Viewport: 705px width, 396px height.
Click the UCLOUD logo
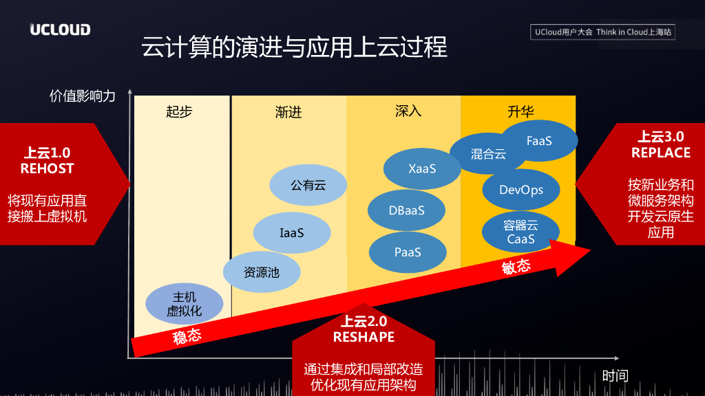(60, 30)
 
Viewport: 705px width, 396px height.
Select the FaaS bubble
(539, 140)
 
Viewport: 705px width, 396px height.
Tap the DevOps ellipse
(521, 190)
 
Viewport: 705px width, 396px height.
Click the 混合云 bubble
(488, 154)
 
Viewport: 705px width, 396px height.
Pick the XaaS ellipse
(422, 168)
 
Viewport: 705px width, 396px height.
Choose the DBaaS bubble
(406, 210)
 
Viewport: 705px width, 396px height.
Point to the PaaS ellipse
(408, 252)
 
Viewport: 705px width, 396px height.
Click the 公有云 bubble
(308, 185)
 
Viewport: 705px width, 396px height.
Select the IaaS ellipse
(291, 233)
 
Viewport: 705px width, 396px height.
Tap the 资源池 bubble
(262, 272)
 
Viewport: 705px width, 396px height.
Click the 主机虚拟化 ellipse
(185, 304)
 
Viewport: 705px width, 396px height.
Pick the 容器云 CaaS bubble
(520, 232)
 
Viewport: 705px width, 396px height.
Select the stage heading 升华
(520, 112)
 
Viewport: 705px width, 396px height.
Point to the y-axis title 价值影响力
(83, 96)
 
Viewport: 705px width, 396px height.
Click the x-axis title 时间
(615, 375)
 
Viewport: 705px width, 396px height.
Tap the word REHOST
(47, 168)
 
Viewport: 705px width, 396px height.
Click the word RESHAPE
(364, 337)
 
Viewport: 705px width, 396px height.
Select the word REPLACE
(661, 153)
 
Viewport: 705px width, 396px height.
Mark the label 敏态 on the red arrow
(516, 267)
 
